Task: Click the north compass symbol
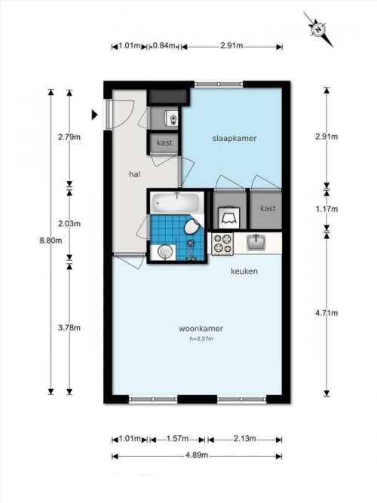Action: click(318, 29)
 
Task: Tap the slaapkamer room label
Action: click(234, 138)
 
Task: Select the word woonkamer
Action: click(201, 329)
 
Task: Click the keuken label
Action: click(244, 271)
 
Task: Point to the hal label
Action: click(135, 174)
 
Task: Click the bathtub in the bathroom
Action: click(176, 202)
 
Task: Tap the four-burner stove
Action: click(223, 244)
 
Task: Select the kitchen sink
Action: click(256, 242)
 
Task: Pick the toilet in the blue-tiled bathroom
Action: click(192, 226)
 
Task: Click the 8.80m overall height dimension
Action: click(51, 241)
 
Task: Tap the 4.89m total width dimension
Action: click(197, 455)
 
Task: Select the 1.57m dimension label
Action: click(177, 438)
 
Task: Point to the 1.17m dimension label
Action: click(326, 209)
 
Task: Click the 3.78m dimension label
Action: click(69, 327)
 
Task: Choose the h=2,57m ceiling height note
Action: click(201, 339)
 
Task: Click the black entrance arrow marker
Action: click(95, 115)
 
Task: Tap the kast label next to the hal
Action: click(164, 143)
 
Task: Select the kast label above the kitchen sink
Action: click(268, 208)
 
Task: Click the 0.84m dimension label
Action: click(164, 45)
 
